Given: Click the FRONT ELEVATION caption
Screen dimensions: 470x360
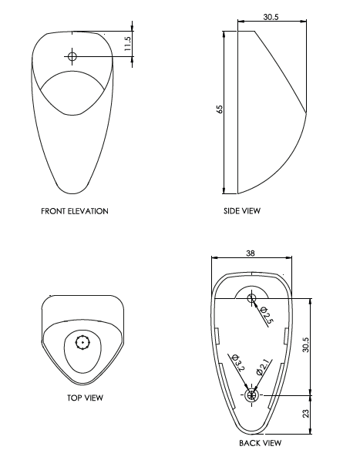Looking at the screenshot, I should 75,210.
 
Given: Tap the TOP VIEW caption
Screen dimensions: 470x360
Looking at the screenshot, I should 85,398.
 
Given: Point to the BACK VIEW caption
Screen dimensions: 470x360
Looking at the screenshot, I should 260,443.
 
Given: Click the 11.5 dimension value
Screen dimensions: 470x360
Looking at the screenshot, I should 128,44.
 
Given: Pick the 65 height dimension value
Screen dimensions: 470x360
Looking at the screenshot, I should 220,110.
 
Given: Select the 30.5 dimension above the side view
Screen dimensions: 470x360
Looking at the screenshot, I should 271,17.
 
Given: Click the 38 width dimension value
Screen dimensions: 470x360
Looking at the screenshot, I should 251,253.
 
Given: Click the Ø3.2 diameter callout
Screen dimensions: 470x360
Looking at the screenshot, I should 237,363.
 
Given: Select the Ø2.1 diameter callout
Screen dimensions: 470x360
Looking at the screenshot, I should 262,367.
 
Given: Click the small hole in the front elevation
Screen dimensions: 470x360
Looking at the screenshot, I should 72,55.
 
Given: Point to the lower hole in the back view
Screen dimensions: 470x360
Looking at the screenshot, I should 251,395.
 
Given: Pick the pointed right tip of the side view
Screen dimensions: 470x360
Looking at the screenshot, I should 306,115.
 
